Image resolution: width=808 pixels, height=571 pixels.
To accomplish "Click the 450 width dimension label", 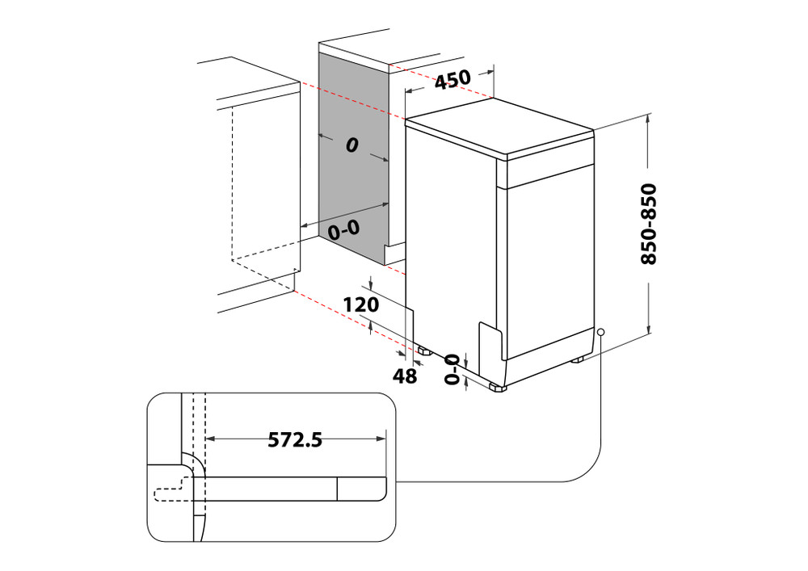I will tap(452, 81).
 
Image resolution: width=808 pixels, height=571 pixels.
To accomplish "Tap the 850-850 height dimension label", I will tap(648, 225).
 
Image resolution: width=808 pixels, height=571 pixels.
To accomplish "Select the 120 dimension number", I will tap(361, 305).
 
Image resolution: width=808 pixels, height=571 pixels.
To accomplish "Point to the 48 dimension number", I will tap(404, 375).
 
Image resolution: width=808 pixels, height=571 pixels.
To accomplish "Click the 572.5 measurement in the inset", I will tap(295, 439).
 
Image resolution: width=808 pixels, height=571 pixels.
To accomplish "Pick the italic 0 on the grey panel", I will tap(351, 146).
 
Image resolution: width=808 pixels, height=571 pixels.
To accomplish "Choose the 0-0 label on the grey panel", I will tap(343, 229).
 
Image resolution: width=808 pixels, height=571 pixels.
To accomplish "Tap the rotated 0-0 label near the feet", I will tap(452, 368).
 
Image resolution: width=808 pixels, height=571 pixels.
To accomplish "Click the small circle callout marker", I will tap(601, 332).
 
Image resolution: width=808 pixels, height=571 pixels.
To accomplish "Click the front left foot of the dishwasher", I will tap(496, 388).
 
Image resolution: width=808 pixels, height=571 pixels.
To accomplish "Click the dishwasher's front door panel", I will tap(549, 258).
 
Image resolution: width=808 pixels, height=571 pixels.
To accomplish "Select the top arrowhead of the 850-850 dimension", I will tap(650, 119).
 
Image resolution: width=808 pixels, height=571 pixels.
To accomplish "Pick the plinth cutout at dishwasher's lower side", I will tap(490, 347).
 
